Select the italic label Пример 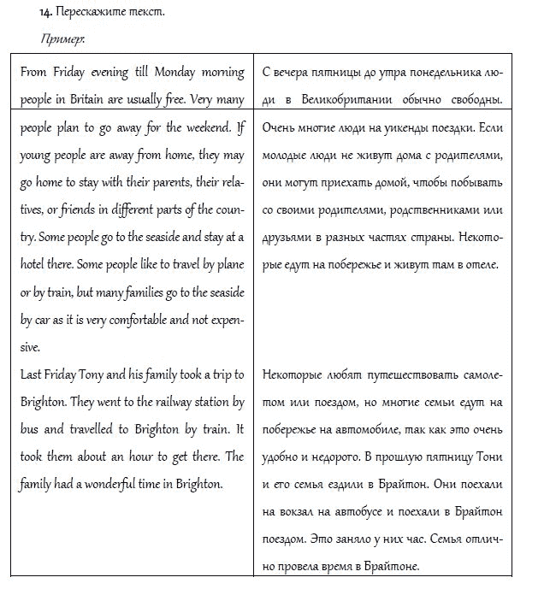(x=56, y=39)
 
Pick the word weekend (x=204, y=127)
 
